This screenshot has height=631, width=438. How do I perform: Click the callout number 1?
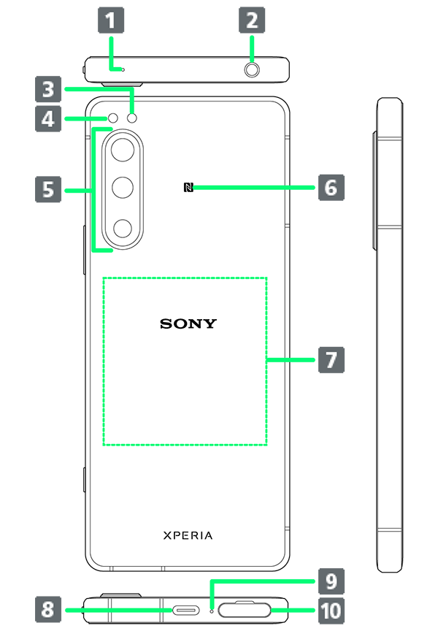tap(110, 20)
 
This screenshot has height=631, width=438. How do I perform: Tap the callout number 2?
tap(252, 20)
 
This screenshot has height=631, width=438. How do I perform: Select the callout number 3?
tap(48, 90)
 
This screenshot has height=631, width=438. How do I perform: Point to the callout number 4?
tap(48, 118)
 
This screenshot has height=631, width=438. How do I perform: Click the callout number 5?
tap(48, 190)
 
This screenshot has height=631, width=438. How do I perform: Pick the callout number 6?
tap(331, 188)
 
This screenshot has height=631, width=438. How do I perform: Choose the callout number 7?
tap(331, 360)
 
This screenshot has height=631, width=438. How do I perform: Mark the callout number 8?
tap(48, 609)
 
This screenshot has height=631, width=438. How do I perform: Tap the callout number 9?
tap(331, 582)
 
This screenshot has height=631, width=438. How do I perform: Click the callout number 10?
tap(331, 609)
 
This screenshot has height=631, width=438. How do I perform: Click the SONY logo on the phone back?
tap(188, 324)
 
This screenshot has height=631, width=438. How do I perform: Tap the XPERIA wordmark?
tap(188, 535)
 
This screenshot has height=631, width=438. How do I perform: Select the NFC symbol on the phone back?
tap(188, 188)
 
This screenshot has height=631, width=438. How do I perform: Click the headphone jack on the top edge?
tap(253, 70)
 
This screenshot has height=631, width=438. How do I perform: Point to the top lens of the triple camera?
tap(124, 151)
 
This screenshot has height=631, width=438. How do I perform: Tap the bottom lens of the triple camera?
tap(124, 229)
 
